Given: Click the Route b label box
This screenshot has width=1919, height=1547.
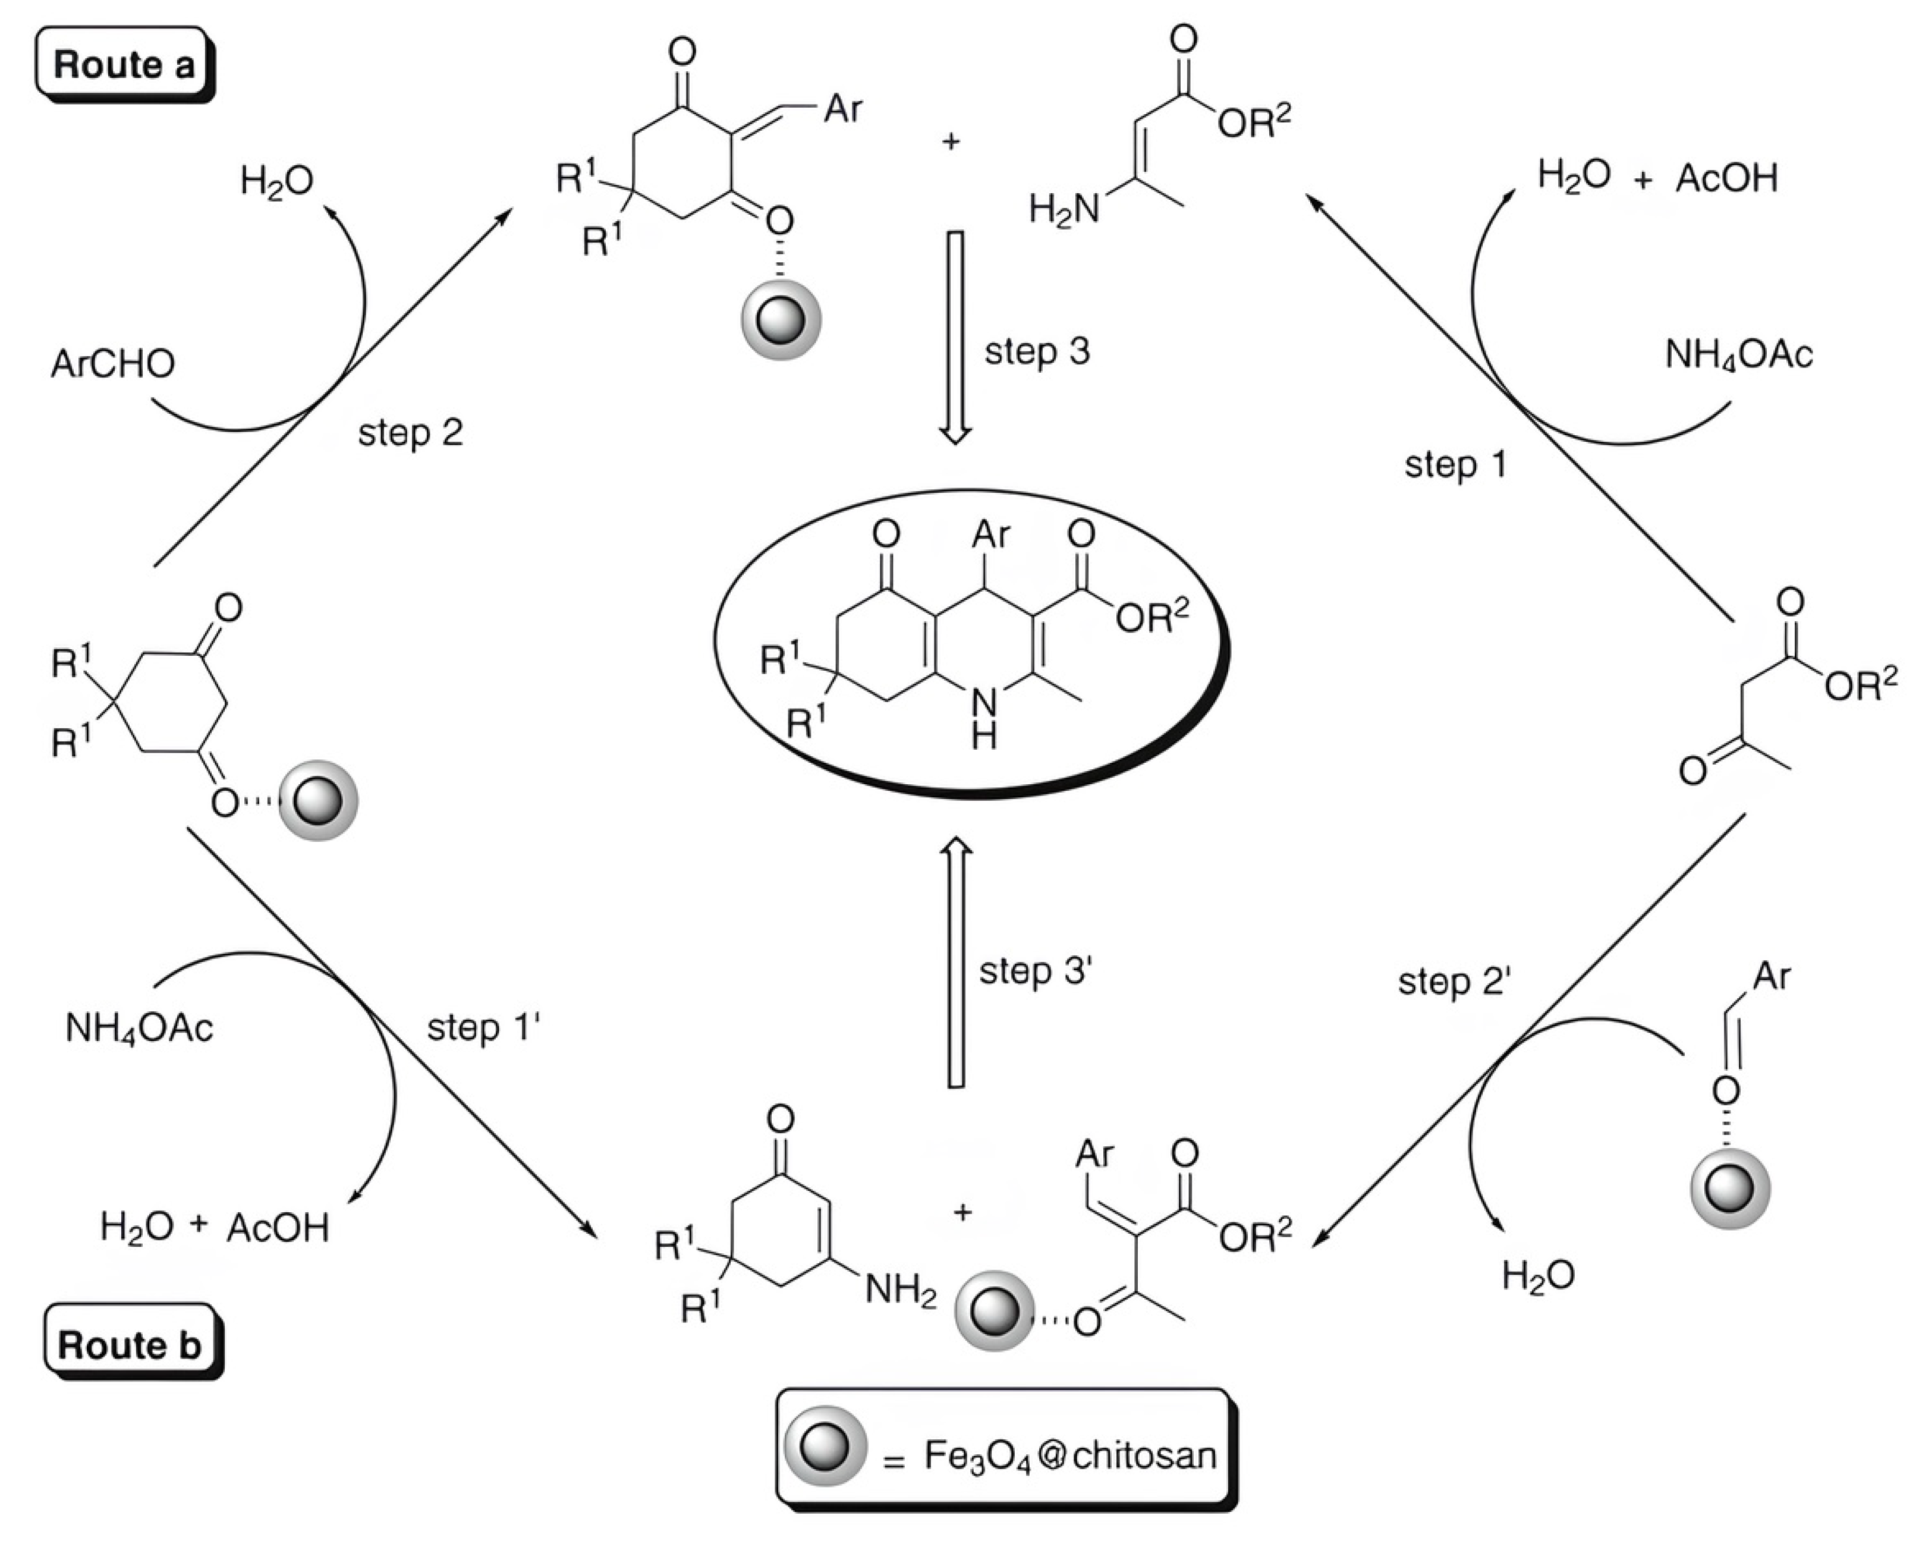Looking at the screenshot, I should click(x=130, y=1344).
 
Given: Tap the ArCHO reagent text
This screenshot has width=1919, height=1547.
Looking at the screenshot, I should click(x=113, y=364).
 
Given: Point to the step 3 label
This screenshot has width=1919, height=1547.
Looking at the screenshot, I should click(x=1036, y=351).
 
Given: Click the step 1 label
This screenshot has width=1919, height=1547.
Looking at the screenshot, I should click(x=1455, y=464).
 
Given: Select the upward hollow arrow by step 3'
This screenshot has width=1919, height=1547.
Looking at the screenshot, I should click(x=956, y=963).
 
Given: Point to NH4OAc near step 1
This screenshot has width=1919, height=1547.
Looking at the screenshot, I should click(x=1738, y=356).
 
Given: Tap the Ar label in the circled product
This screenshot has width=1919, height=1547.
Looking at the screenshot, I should click(x=990, y=534).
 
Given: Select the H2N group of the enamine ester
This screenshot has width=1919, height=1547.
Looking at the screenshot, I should click(x=1064, y=210).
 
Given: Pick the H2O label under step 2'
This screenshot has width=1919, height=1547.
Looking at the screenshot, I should click(x=1538, y=1276).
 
